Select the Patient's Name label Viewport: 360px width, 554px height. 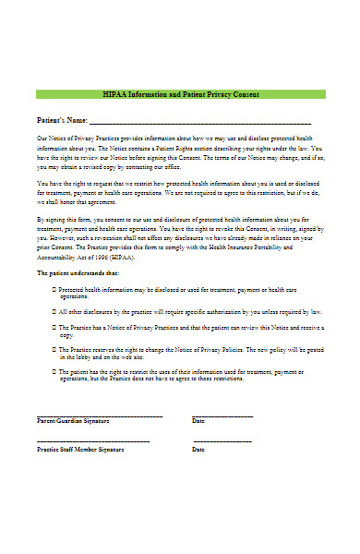point(61,120)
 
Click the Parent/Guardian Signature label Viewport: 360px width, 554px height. point(73,420)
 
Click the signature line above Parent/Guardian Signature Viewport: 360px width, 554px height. point(100,414)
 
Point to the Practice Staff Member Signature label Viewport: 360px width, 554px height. point(79,450)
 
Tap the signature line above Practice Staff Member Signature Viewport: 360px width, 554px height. point(92,442)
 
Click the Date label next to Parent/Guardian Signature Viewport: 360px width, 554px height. point(198,420)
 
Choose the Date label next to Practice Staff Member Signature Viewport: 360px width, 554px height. point(198,450)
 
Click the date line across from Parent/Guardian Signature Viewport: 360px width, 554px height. point(222,414)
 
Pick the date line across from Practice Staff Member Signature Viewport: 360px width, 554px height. point(222,442)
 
